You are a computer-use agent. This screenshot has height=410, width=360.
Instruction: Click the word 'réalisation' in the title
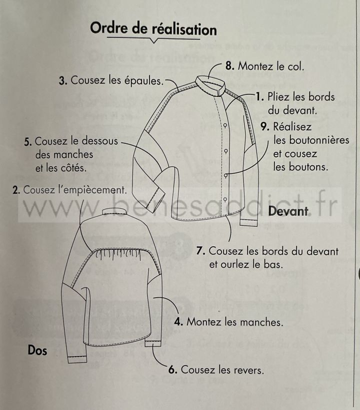pyautogui.click(x=184, y=29)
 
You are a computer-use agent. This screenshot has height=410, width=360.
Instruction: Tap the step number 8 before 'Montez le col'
pyautogui.click(x=229, y=66)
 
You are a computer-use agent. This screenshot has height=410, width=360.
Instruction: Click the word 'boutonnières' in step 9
pyautogui.click(x=311, y=140)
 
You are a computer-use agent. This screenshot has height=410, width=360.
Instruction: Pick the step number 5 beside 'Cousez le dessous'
pyautogui.click(x=28, y=142)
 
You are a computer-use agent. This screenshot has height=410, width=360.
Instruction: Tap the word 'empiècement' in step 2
pyautogui.click(x=95, y=190)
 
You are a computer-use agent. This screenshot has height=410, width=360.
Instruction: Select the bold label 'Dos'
pyautogui.click(x=37, y=351)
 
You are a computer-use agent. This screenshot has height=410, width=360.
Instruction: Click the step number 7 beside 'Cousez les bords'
pyautogui.click(x=200, y=251)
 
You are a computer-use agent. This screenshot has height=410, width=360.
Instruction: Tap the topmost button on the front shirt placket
pyautogui.click(x=225, y=126)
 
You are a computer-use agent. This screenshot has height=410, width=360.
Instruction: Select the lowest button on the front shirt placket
pyautogui.click(x=225, y=200)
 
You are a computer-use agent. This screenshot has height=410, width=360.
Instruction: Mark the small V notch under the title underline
pyautogui.click(x=154, y=41)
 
